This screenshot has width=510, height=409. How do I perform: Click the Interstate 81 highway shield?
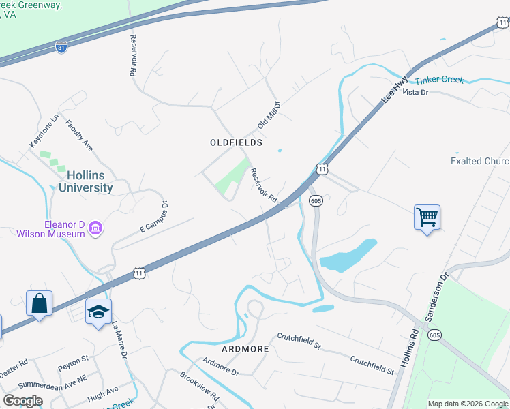pyautogui.click(x=61, y=48)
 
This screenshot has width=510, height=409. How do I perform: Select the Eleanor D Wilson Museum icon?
pyautogui.click(x=95, y=228)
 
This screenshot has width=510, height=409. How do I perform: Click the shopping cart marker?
pyautogui.click(x=427, y=218)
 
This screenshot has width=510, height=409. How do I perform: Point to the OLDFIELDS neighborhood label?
pyautogui.click(x=236, y=142)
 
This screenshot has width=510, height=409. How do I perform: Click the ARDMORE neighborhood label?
pyautogui.click(x=245, y=348)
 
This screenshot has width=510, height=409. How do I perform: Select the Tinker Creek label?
pyautogui.click(x=439, y=80)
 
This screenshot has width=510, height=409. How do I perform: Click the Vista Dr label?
pyautogui.click(x=415, y=91)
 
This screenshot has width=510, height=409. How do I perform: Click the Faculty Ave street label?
pyautogui.click(x=79, y=135)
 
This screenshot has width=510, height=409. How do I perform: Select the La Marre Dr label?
pyautogui.click(x=120, y=342)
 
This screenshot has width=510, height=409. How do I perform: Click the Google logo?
pyautogui.click(x=22, y=401)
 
